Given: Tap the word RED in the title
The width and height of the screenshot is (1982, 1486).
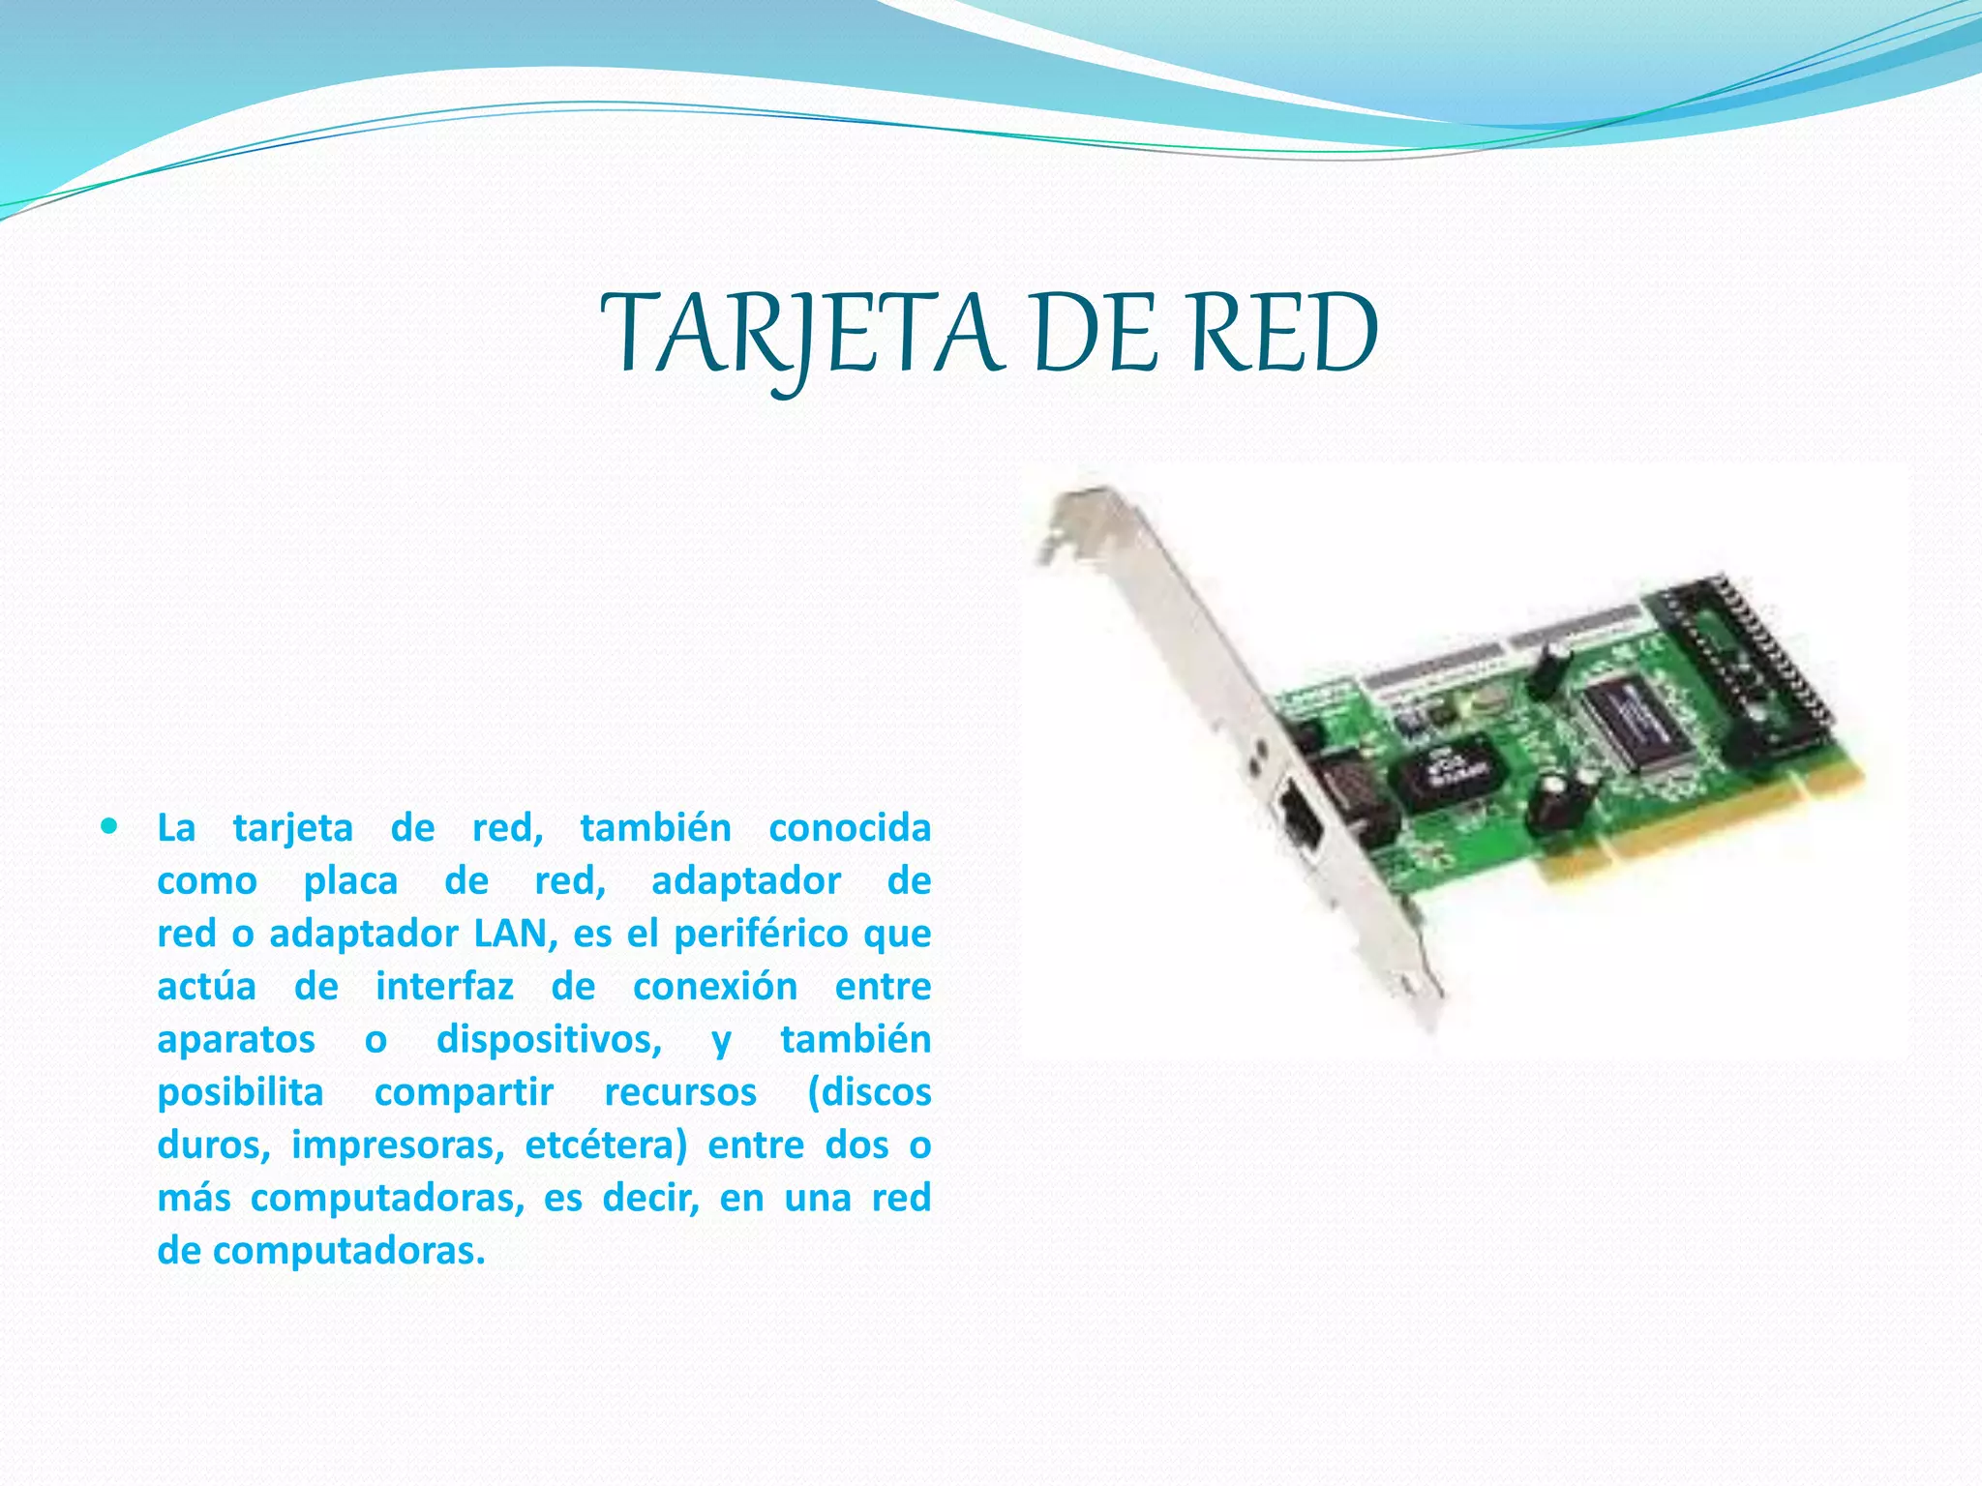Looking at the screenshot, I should pos(1281,335).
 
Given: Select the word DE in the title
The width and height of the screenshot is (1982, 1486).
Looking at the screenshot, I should pos(1094,335).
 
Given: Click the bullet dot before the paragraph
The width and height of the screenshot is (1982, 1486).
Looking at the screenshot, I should pos(109,827).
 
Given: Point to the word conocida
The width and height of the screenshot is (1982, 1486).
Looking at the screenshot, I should pos(849,828).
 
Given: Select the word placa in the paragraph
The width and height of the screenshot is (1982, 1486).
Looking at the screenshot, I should pos(350,881).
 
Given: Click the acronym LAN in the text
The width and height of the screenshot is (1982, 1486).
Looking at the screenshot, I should pos(510,934).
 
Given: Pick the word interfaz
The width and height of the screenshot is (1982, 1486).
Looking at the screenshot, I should pos(444,987).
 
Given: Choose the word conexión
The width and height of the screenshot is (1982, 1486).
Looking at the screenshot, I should pos(715,987).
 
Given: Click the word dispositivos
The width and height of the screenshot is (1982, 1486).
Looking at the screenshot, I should pos(549,1040).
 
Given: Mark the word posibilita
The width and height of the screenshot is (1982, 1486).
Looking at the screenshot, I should pos(240,1092).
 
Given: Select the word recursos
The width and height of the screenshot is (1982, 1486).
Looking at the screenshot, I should pos(680,1092).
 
